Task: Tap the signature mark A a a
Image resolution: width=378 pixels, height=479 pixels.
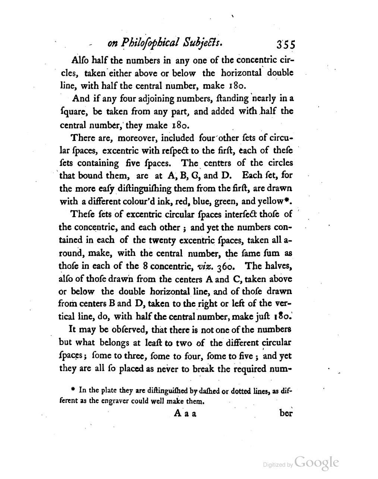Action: [x=185, y=414]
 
